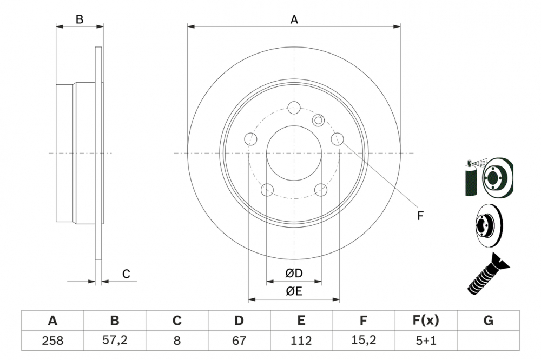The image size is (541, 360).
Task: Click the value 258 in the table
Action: pos(52,341)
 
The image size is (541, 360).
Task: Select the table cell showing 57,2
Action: pos(115,341)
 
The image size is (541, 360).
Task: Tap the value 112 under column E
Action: pos(301,341)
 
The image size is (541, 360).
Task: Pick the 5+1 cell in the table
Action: pos(425,341)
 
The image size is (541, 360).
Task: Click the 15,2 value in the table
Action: pos(363,341)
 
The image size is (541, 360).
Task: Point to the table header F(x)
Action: pos(425,321)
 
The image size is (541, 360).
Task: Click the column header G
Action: pos(488,321)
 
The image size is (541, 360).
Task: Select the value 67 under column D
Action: pos(239,341)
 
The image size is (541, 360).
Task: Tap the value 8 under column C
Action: pos(177,341)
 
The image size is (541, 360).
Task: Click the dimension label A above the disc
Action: pos(294,20)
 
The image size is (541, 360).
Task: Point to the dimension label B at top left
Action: pos(80,20)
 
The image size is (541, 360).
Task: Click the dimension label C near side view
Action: pos(126,274)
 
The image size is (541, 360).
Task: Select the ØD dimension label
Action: pos(294,274)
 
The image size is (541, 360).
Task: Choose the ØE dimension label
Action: pos(294,292)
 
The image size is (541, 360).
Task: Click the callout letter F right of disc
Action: pos(420,216)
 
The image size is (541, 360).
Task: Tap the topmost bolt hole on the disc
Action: pos(294,107)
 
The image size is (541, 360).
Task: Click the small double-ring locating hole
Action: pos(318,120)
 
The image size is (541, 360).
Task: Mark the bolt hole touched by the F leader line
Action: pos(337,139)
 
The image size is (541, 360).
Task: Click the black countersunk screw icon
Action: pos(487,276)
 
